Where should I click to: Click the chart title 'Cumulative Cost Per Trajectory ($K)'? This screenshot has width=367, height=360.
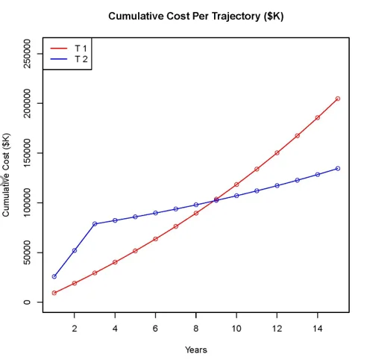click(196, 16)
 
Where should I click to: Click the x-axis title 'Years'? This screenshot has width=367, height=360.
click(196, 350)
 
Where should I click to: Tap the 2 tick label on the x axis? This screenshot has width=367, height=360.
click(75, 327)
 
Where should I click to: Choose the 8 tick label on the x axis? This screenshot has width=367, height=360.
click(196, 327)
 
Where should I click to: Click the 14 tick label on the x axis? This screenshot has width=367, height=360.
click(318, 327)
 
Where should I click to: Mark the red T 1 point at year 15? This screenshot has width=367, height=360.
click(338, 99)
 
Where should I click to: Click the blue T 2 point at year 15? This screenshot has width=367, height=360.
click(338, 168)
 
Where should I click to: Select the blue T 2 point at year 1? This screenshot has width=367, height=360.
click(54, 276)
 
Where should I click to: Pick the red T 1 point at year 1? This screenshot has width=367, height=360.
click(54, 293)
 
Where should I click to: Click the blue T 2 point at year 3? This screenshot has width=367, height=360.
click(95, 224)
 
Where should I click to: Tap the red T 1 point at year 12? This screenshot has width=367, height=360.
click(277, 152)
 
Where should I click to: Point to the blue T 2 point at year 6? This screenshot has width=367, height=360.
click(155, 213)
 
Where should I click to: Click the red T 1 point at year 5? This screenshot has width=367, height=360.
click(135, 251)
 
